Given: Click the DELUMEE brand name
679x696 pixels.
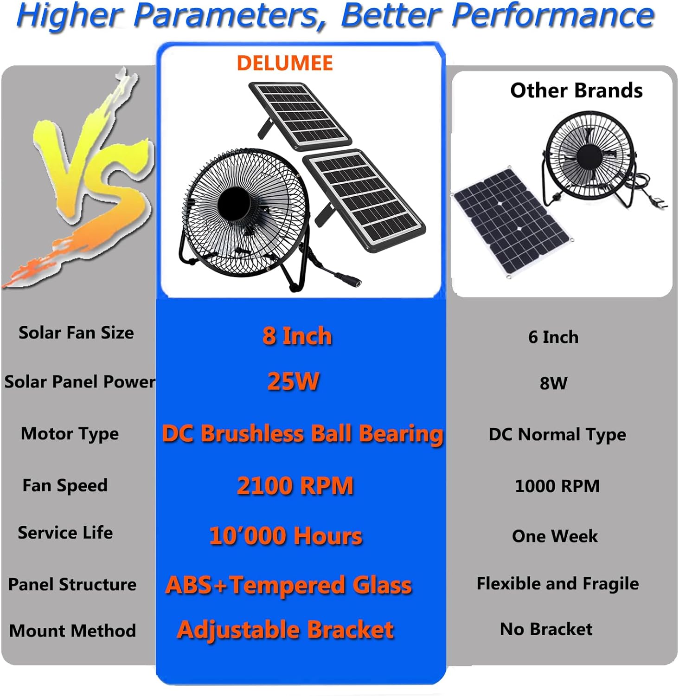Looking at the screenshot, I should [x=285, y=63].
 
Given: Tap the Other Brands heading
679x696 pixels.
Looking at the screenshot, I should [x=576, y=90].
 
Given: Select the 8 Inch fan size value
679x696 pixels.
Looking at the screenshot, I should [x=297, y=336].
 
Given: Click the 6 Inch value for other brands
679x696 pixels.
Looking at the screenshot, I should [x=553, y=337].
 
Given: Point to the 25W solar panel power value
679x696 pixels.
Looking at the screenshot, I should [x=293, y=381].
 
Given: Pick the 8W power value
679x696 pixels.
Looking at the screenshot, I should [x=553, y=383].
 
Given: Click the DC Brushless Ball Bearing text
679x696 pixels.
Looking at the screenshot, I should [x=302, y=434].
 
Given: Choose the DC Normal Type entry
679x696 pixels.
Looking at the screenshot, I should [x=557, y=435].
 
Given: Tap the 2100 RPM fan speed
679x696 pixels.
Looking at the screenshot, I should [x=295, y=486].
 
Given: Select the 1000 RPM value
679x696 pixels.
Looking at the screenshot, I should [x=557, y=486].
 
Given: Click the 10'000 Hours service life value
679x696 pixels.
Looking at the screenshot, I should [x=286, y=536].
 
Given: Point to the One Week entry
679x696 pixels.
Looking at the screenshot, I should [x=555, y=536].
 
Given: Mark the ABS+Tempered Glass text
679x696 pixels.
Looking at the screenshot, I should [x=288, y=585].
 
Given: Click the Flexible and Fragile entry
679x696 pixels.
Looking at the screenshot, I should [x=557, y=584].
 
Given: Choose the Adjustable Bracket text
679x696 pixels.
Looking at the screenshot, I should [x=285, y=630].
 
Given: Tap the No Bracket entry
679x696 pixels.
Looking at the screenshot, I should [x=546, y=629].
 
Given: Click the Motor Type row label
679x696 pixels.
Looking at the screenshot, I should [x=70, y=434].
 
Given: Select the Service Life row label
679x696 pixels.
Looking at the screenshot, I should [x=65, y=533].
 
